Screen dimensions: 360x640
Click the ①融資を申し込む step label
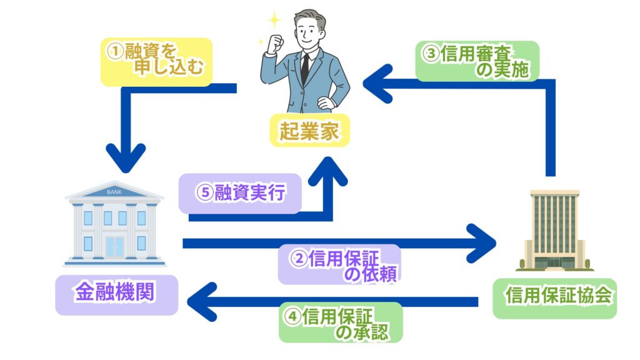[156, 61]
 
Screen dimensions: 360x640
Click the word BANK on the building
[115, 192]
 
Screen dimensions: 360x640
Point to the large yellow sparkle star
[273, 20]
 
